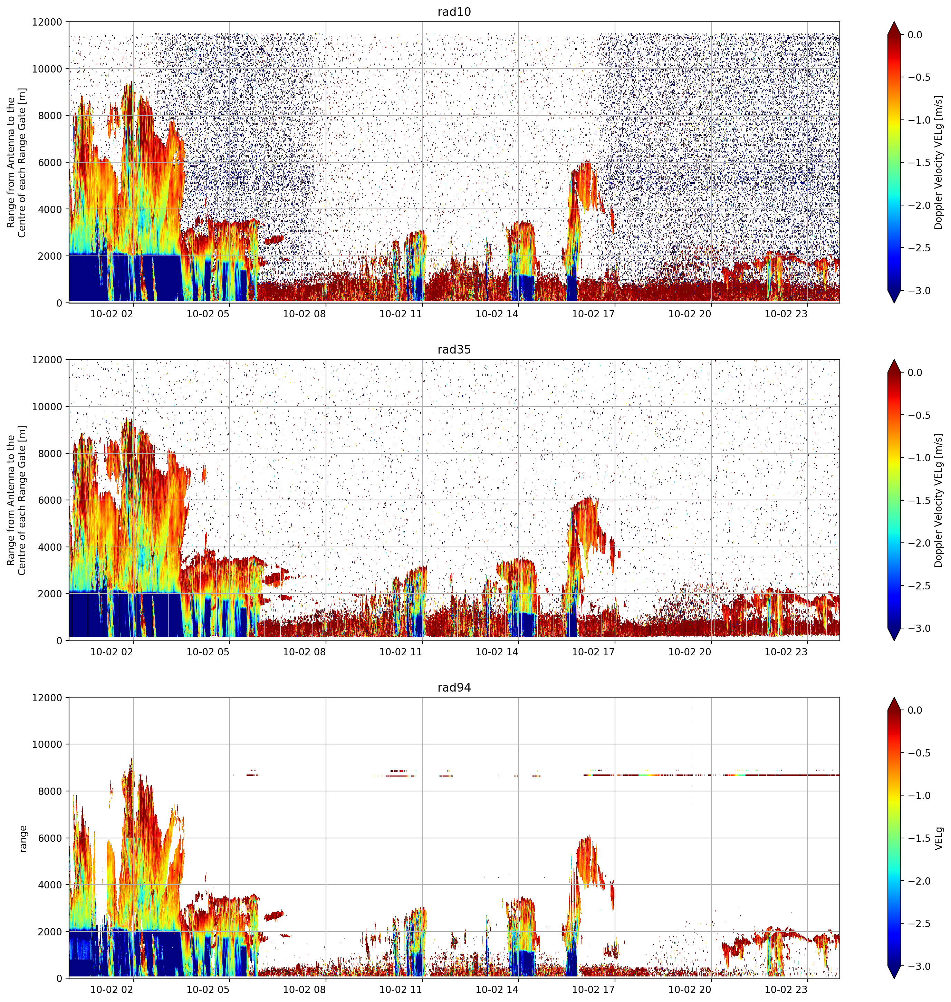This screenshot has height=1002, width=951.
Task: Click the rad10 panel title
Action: [x=454, y=12]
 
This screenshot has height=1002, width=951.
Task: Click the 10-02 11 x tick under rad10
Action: [x=401, y=314]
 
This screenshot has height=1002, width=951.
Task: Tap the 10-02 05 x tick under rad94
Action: [x=208, y=989]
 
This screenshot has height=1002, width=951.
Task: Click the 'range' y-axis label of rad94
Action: [x=22, y=839]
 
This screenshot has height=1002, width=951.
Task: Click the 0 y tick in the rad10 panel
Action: [x=59, y=303]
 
